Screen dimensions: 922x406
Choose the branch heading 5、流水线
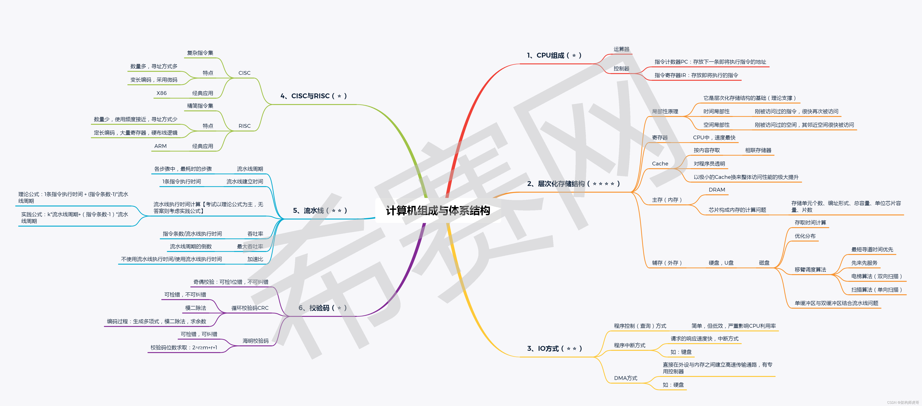coord(320,211)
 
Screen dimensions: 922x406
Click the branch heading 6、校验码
coord(322,308)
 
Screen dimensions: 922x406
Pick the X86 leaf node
coord(161,93)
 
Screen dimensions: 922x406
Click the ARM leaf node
coord(160,146)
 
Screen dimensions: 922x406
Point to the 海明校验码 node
coord(255,341)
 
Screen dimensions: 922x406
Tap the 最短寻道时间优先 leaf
coord(872,249)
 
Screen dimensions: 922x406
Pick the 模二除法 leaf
coord(195,308)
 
